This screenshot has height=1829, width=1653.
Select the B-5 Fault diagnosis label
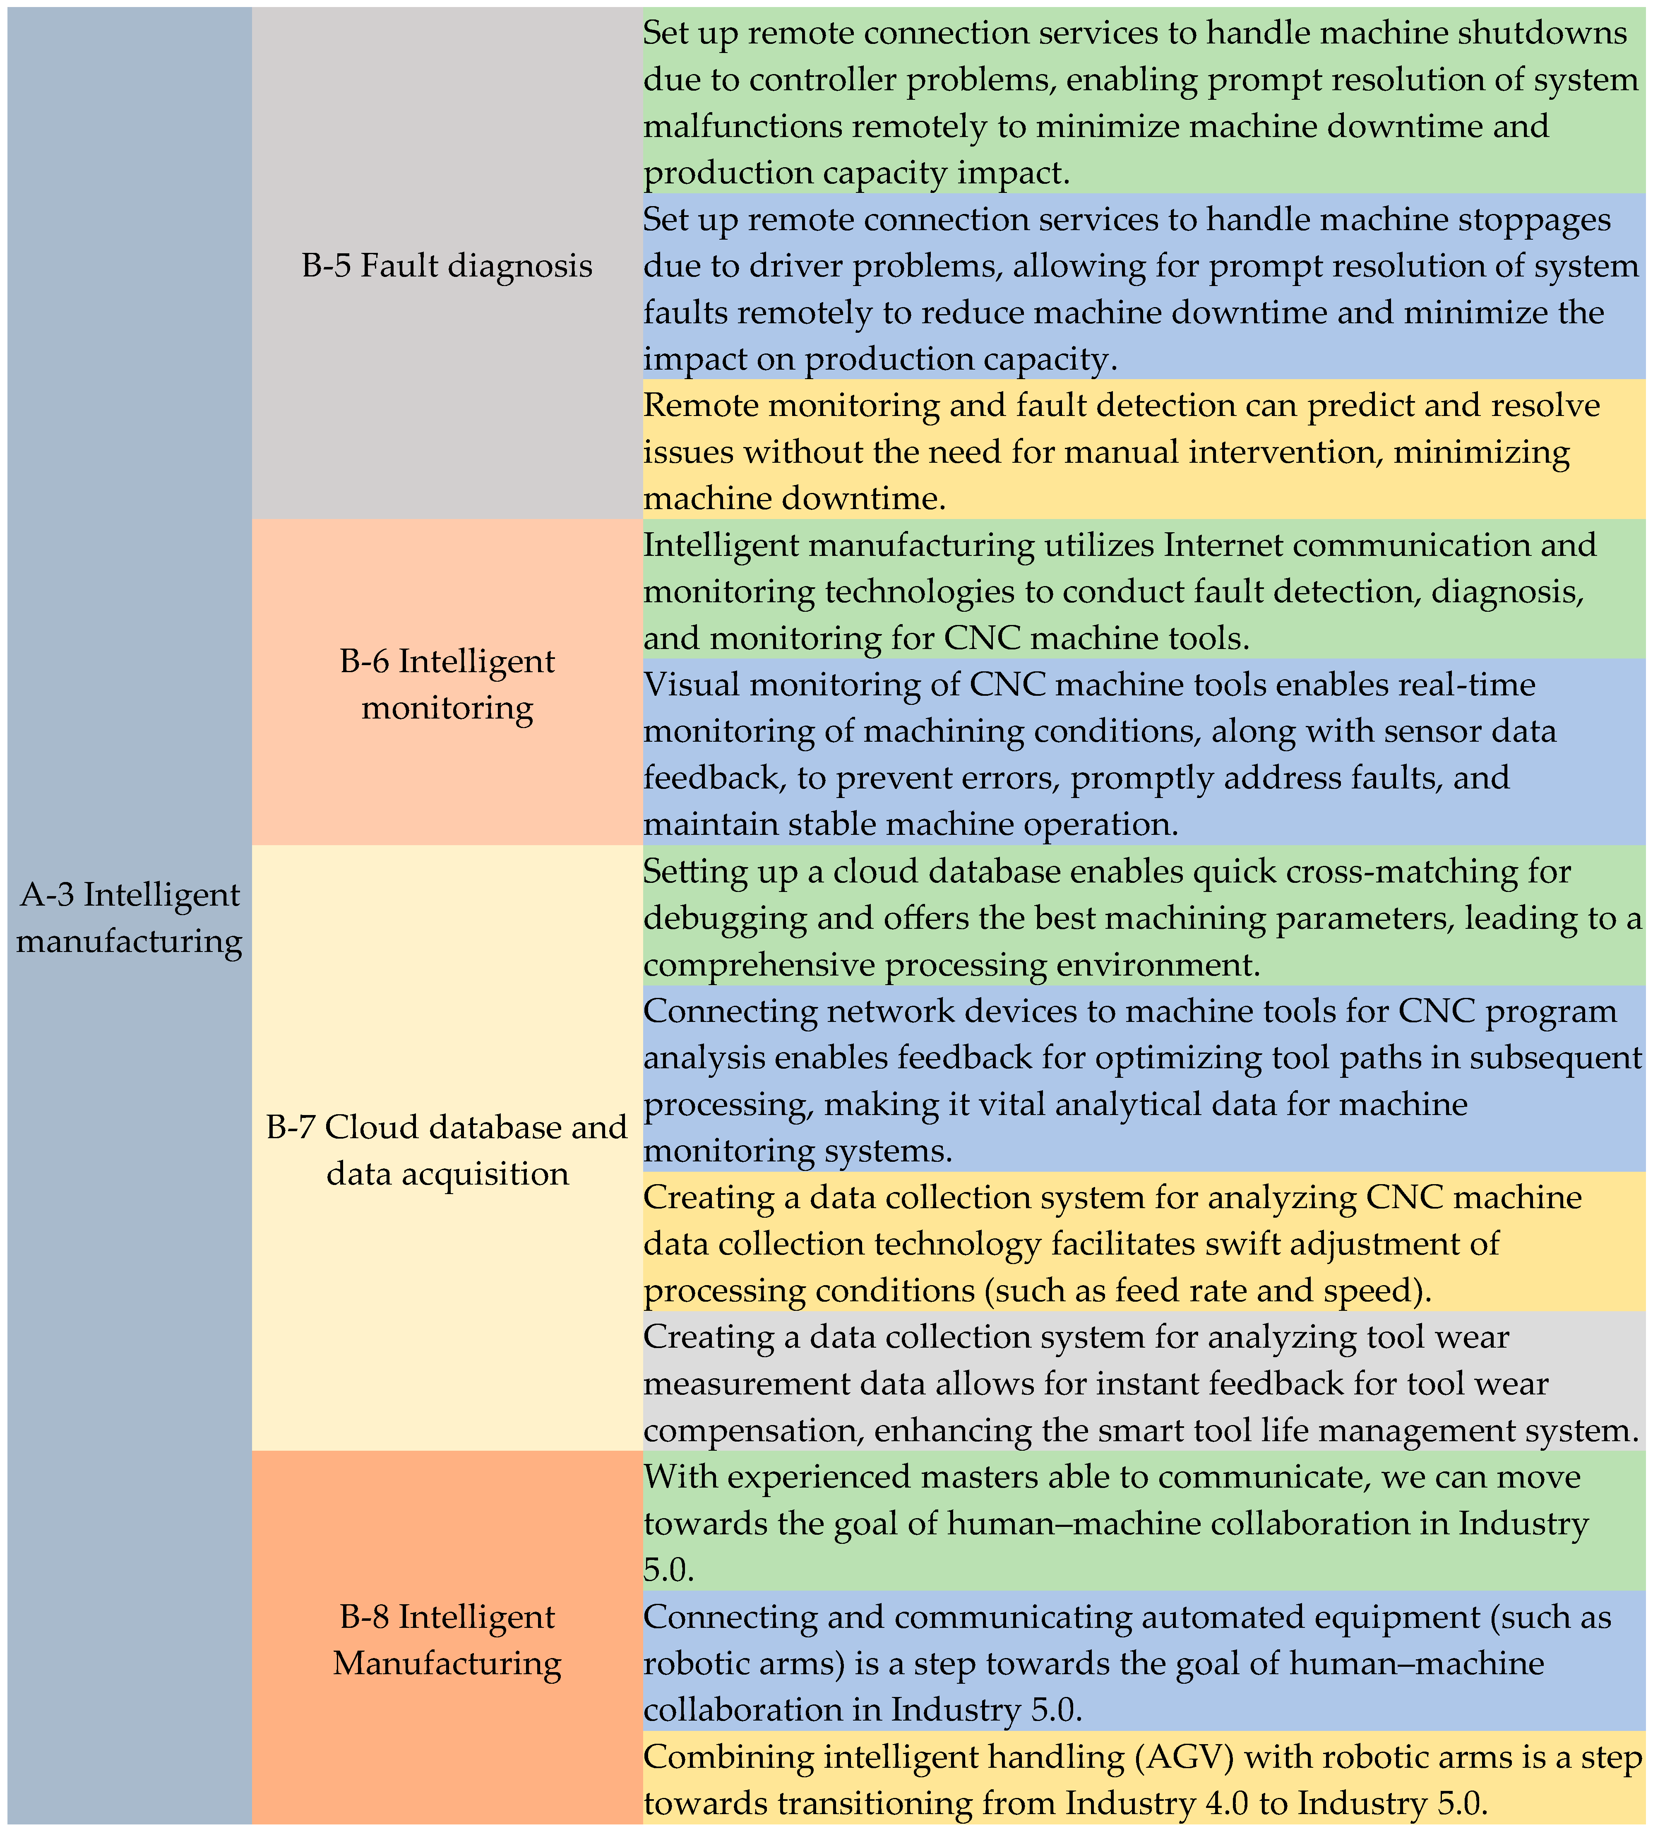[447, 266]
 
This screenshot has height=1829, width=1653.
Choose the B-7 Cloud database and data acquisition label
[447, 1149]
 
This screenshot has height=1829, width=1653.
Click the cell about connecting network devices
[1143, 1079]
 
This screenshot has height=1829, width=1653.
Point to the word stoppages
[1530, 219]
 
